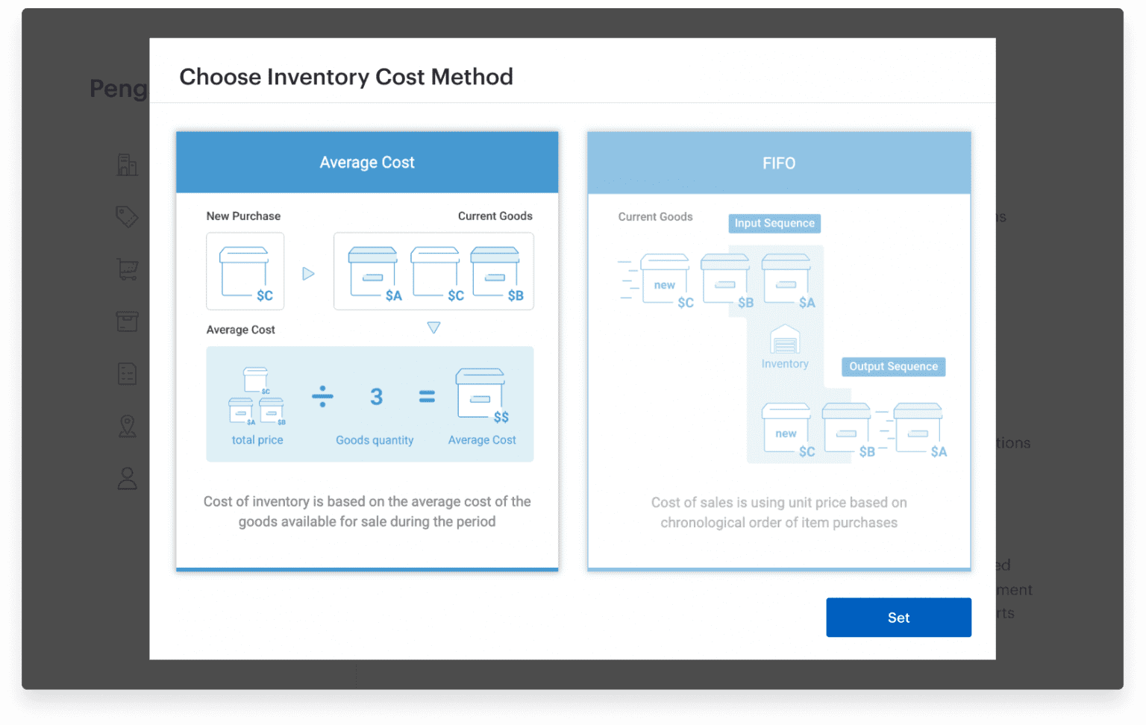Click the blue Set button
pyautogui.click(x=898, y=618)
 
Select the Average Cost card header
pyautogui.click(x=367, y=163)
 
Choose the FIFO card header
pyautogui.click(x=779, y=163)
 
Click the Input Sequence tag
pyautogui.click(x=774, y=223)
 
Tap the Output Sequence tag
pyautogui.click(x=893, y=366)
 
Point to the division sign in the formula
pyautogui.click(x=322, y=396)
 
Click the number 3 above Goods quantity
pyautogui.click(x=377, y=396)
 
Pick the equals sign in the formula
pyautogui.click(x=427, y=396)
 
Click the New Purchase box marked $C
pyautogui.click(x=245, y=272)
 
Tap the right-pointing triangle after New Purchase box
pyautogui.click(x=308, y=274)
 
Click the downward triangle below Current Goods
pyautogui.click(x=433, y=327)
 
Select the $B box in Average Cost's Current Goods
pyautogui.click(x=495, y=272)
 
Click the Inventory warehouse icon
pyautogui.click(x=785, y=340)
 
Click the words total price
pyautogui.click(x=257, y=440)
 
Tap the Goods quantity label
pyautogui.click(x=375, y=440)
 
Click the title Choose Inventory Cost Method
pyautogui.click(x=346, y=77)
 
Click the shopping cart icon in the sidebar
pyautogui.click(x=128, y=269)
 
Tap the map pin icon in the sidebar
pyautogui.click(x=128, y=426)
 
